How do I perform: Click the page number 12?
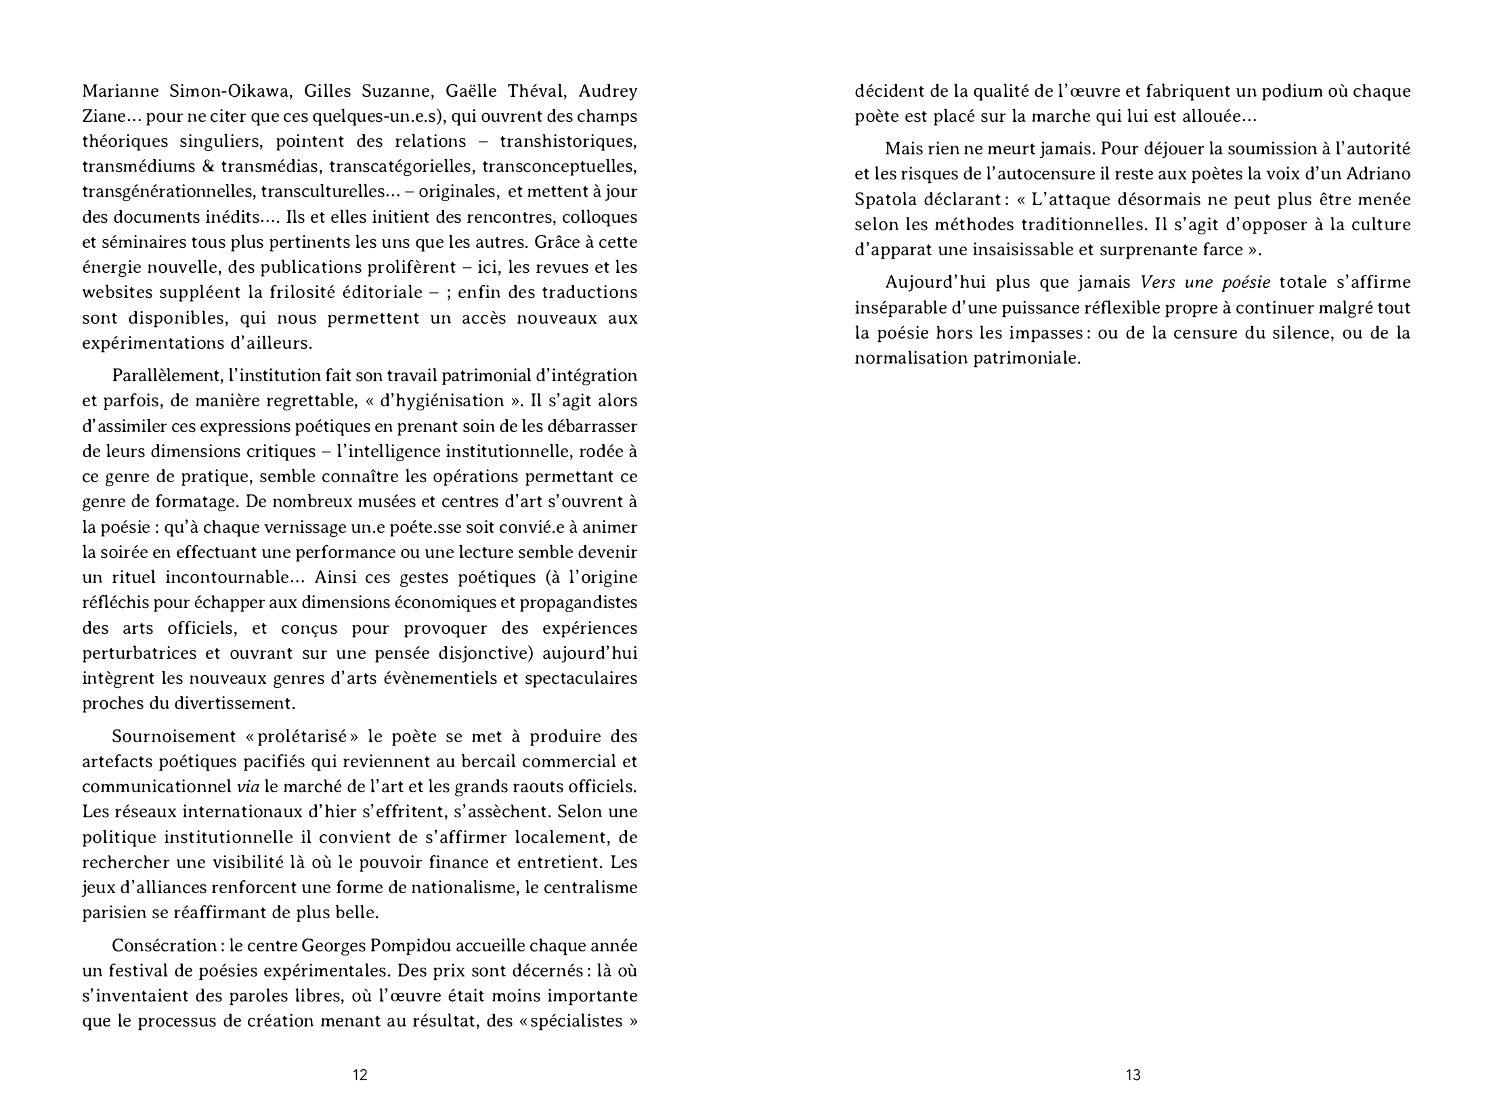[360, 1075]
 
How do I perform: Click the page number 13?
[1133, 1075]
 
